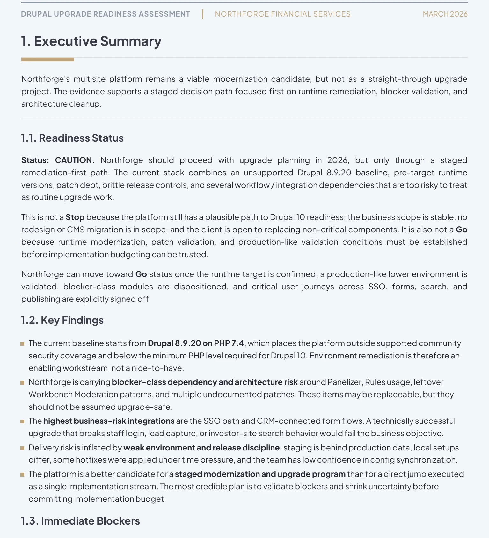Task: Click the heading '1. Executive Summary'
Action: [x=91, y=41]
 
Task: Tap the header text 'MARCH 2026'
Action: [x=445, y=14]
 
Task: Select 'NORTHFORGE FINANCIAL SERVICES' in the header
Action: [x=282, y=14]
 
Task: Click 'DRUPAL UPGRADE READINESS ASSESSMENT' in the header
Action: [x=106, y=14]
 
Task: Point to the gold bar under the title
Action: [x=47, y=60]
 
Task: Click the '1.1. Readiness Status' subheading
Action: [x=72, y=138]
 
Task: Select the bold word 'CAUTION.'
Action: [x=75, y=160]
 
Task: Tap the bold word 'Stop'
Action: [x=75, y=217]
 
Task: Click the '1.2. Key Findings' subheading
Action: [x=62, y=320]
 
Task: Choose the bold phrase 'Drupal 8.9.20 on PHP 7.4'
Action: [x=196, y=343]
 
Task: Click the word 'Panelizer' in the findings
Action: [x=345, y=382]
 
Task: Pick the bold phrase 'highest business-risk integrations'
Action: [x=109, y=421]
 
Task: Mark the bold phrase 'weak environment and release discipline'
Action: [x=201, y=448]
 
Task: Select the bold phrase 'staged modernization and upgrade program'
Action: [x=260, y=474]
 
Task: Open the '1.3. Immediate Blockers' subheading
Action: [x=80, y=521]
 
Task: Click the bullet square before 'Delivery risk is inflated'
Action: [x=22, y=448]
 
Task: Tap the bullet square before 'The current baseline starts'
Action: [x=22, y=344]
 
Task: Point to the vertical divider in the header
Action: [x=202, y=14]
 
